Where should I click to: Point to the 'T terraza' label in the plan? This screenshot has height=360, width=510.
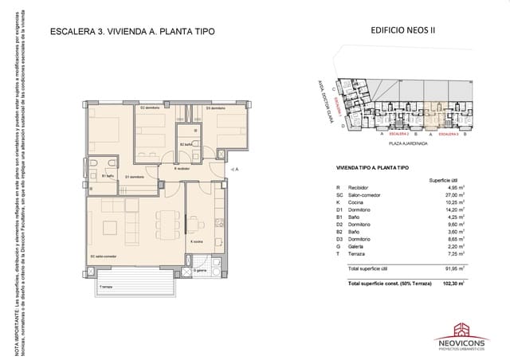click(x=105, y=286)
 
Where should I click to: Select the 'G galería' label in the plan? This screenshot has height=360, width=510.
click(x=202, y=271)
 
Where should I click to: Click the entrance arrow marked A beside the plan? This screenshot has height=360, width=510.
click(x=234, y=170)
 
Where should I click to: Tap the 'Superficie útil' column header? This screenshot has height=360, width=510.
click(x=444, y=181)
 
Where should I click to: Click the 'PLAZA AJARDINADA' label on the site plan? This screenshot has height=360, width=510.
click(x=404, y=144)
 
